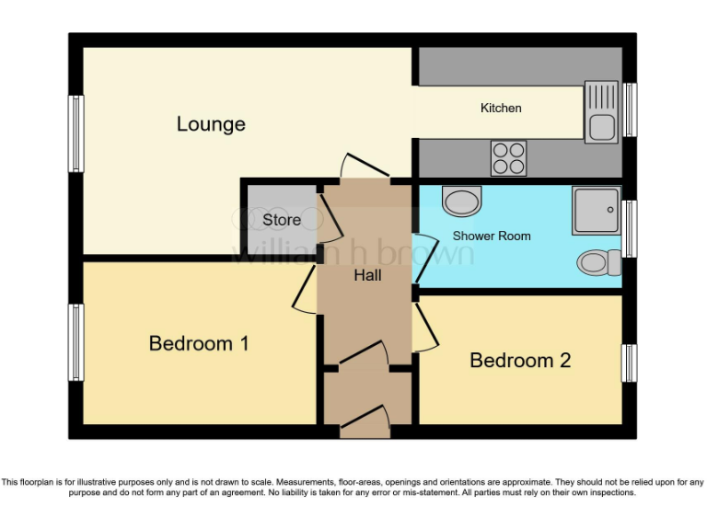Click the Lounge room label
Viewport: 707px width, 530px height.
tap(211, 123)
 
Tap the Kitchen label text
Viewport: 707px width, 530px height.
tap(501, 108)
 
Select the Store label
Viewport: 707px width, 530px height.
tap(282, 220)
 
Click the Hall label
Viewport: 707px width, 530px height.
tap(367, 274)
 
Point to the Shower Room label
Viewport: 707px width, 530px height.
tap(492, 236)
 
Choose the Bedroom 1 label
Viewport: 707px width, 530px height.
tap(199, 343)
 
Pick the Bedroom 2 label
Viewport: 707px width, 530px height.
tap(520, 360)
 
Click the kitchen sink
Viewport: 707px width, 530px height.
tap(601, 111)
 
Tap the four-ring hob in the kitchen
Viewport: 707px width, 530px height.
tap(508, 157)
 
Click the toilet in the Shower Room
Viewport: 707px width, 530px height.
tap(598, 263)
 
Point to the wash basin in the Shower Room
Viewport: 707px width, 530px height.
tap(461, 199)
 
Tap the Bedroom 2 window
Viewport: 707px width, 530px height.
tap(630, 363)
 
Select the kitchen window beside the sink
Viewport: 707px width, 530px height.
tap(630, 109)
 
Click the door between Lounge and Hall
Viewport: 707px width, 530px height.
tap(365, 167)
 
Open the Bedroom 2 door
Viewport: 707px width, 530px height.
tap(423, 328)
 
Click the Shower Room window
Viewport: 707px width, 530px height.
tap(630, 227)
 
